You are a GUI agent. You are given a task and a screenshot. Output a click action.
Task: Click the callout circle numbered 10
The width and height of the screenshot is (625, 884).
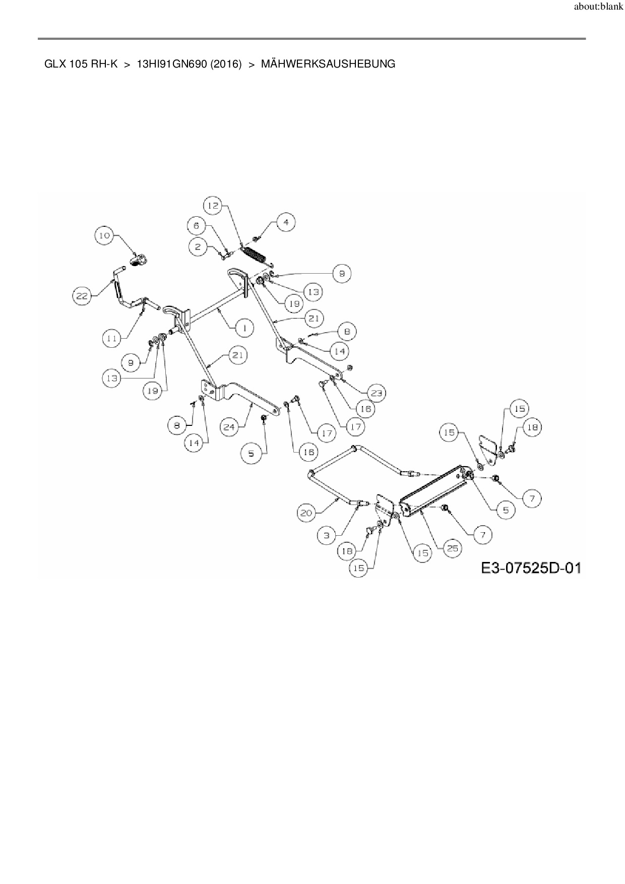(x=104, y=235)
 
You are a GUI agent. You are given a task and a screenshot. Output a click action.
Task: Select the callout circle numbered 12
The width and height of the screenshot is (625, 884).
(x=214, y=205)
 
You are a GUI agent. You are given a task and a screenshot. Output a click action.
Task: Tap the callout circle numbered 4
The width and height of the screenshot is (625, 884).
(x=286, y=222)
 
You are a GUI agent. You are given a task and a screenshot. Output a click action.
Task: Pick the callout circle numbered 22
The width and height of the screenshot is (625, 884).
(x=82, y=296)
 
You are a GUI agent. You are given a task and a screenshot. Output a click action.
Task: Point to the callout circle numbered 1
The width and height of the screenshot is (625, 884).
(x=244, y=328)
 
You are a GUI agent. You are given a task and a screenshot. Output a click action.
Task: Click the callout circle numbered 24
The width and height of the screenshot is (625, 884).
(x=229, y=427)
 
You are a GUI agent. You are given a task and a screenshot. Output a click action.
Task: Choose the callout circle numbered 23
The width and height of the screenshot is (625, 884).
(x=377, y=393)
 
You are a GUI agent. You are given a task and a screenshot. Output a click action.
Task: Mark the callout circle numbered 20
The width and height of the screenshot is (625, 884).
(x=306, y=513)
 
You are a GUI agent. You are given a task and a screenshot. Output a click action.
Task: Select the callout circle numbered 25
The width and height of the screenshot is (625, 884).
(x=453, y=548)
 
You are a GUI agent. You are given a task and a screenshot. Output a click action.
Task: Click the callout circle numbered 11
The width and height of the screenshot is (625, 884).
(x=112, y=339)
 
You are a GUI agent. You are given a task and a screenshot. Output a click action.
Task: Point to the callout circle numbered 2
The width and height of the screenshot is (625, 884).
(x=198, y=246)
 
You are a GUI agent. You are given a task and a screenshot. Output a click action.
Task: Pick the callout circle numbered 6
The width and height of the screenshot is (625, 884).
(x=197, y=226)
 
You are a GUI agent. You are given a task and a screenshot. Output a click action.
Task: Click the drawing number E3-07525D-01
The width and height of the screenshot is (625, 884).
(x=531, y=569)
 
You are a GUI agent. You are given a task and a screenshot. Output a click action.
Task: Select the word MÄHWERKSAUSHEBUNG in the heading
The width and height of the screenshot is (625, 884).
(x=328, y=64)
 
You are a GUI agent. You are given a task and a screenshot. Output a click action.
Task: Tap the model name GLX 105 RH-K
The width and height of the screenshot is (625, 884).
(x=81, y=64)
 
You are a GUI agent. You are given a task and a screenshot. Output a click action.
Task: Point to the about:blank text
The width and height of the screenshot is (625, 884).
(x=598, y=7)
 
